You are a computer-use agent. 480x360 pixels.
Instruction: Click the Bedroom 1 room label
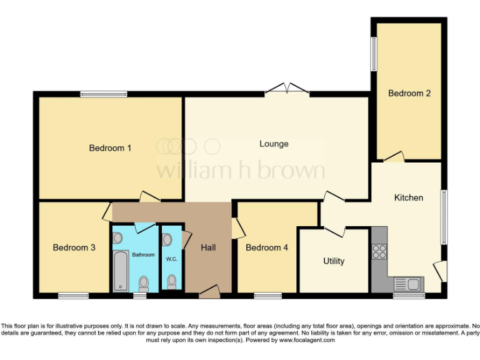[110, 148]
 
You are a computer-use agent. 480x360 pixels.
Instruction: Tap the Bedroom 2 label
[409, 93]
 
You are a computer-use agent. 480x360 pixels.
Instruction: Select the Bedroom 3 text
[74, 247]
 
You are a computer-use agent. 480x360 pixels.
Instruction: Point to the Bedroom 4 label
[267, 247]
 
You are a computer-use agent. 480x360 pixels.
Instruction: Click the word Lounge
[274, 144]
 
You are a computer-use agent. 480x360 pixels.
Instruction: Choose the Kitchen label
[408, 197]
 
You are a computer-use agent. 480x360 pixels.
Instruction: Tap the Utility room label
[333, 261]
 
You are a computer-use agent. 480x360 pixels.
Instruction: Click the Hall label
[208, 247]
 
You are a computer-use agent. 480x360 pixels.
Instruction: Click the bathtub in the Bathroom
[121, 270]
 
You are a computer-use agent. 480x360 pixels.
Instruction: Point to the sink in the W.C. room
[166, 239]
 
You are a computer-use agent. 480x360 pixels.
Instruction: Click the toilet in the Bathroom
[143, 283]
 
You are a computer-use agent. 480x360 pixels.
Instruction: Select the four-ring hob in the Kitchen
[379, 251]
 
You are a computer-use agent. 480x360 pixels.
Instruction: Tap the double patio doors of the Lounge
[287, 89]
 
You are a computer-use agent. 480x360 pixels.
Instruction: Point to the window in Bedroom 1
[104, 94]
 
